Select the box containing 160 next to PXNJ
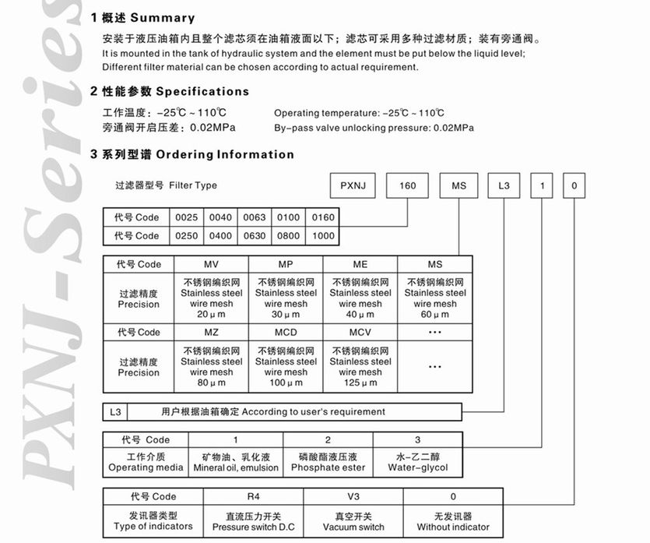[x=408, y=185]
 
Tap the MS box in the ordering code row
[x=459, y=185]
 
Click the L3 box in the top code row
[x=503, y=185]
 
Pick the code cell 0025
[x=188, y=217]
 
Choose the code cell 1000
[x=322, y=235]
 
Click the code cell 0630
[x=255, y=235]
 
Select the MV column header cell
[x=210, y=264]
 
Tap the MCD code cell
[x=285, y=332]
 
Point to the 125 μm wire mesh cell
[x=360, y=366]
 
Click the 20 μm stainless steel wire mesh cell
[x=210, y=298]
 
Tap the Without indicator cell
[x=453, y=521]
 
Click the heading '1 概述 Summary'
[x=143, y=17]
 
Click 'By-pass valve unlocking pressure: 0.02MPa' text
[x=374, y=128]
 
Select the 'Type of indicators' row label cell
[x=153, y=521]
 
